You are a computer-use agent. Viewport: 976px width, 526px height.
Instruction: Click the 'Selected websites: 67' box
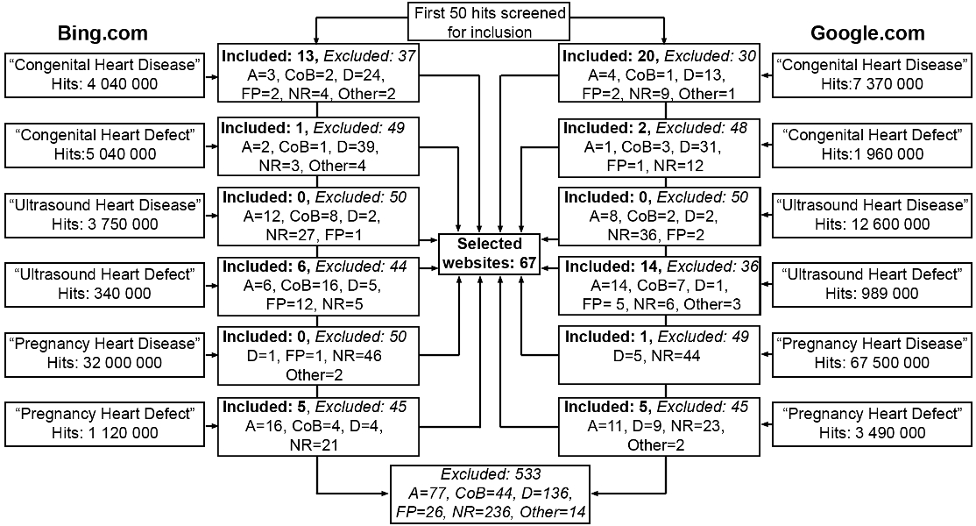coord(489,252)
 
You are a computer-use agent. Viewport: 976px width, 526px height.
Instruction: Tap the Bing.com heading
coord(103,34)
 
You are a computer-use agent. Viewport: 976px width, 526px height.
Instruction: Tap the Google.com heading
coord(868,34)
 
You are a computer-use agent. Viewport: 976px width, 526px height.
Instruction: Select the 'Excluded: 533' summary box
coord(488,494)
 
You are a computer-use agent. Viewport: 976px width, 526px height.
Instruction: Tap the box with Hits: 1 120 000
coord(106,423)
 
